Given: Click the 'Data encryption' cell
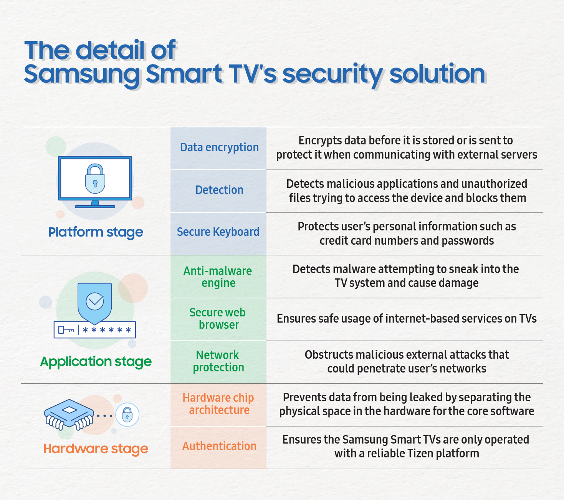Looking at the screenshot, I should [219, 147].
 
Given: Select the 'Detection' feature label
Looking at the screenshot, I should [219, 190].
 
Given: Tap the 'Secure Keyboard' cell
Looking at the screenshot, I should [218, 232].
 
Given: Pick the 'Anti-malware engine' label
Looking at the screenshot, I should [218, 277].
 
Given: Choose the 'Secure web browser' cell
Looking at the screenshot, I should [218, 319].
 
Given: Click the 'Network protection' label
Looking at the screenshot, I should [218, 361].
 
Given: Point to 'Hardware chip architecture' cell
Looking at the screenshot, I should [218, 404].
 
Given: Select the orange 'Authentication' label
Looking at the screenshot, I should [219, 446].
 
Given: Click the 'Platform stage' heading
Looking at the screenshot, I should [96, 232].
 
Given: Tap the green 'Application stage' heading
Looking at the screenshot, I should [96, 362].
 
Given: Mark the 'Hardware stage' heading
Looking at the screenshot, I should [96, 449].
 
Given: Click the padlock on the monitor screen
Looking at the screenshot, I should [95, 179].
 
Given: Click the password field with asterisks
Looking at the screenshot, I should [95, 330].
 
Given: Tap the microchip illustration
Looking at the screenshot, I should [69, 415].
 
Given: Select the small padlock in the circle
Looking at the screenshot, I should [127, 415].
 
